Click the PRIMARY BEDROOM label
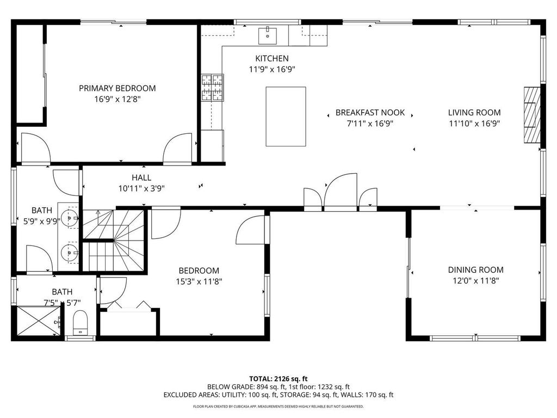117,88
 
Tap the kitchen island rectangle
286,116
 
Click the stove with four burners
213,88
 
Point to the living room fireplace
532,114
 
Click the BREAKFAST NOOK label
370,113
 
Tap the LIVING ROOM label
474,113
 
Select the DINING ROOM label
475,270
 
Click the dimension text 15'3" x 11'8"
199,281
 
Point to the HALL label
141,177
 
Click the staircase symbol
114,241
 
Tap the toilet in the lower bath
80,322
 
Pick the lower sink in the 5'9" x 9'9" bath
69,252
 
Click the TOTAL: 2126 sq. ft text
278,378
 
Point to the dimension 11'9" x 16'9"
272,69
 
